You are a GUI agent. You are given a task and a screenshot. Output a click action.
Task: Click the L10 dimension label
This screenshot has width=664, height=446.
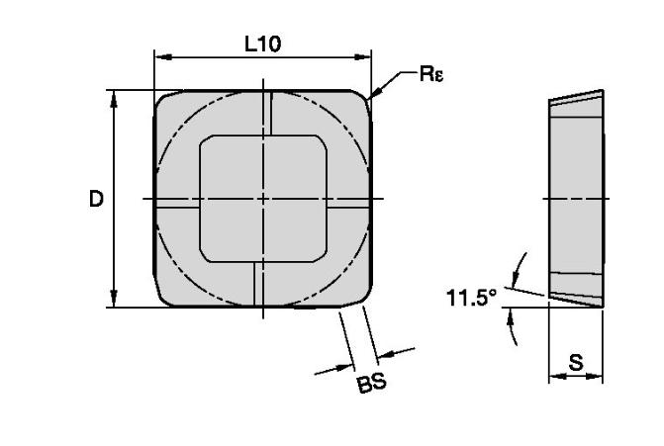pos(262,45)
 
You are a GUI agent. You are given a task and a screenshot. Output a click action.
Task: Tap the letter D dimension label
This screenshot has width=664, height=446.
pos(96,199)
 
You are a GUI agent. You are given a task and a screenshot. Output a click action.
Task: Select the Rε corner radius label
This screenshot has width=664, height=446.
pos(431,73)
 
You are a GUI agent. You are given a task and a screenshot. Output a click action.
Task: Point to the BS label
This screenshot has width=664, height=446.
pos(372,383)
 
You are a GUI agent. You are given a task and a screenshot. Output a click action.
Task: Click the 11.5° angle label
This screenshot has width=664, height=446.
pos(471,298)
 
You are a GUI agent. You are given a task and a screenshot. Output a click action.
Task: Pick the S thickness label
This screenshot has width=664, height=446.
pos(576,362)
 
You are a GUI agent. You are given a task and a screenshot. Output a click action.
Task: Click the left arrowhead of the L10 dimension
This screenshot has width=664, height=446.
pos(163,56)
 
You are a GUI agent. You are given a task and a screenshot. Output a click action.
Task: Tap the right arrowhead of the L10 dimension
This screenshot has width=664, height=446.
pos(362,56)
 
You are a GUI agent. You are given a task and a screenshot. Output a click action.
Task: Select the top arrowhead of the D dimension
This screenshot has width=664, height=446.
pos(114,99)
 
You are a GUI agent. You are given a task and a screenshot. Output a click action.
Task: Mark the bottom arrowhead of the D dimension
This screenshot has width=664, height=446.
pos(114,299)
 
